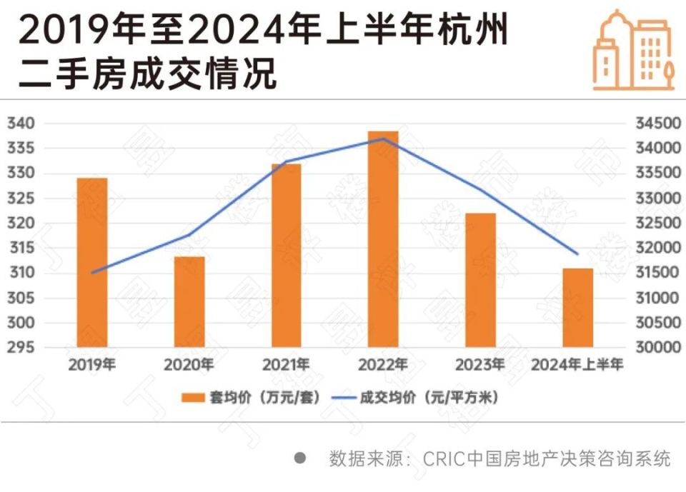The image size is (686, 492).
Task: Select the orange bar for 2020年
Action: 189,302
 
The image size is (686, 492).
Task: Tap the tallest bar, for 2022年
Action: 384,240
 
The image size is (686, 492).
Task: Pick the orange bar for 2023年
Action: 480,281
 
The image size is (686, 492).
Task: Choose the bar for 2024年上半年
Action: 577,308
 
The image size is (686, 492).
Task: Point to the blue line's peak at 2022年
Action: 384,139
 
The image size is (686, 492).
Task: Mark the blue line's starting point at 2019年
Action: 92,272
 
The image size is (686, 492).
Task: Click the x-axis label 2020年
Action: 189,366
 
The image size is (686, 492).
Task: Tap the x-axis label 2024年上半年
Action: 577,366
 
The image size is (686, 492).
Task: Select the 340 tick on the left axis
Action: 21,124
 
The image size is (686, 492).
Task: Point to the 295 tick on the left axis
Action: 21,348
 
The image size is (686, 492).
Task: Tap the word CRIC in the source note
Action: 443,458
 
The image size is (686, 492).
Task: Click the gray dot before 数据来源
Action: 301,458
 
